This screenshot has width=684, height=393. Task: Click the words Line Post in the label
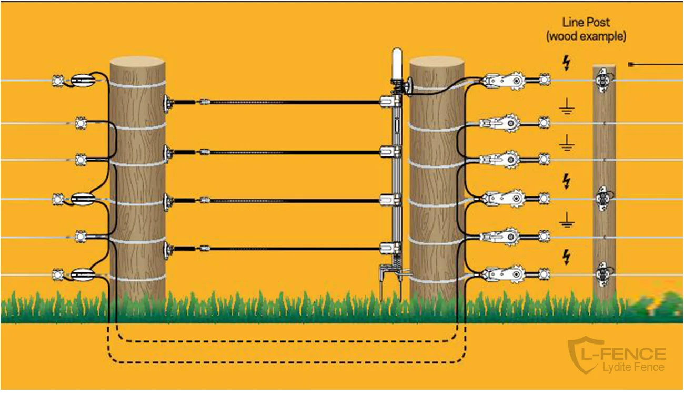coord(586,22)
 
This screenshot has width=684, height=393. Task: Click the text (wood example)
coord(586,36)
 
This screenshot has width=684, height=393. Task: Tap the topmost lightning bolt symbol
coord(566,63)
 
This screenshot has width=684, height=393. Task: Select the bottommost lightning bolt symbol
coord(566,257)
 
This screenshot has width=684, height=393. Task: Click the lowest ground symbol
coord(566,221)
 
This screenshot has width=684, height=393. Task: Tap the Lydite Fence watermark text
coord(633,367)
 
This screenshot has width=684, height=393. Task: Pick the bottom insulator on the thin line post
coord(603,274)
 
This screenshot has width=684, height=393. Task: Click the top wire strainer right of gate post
coord(504,81)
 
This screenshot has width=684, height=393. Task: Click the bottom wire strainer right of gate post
coord(504,274)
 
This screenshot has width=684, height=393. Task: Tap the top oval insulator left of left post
coord(83,81)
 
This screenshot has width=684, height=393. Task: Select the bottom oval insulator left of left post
coord(83,274)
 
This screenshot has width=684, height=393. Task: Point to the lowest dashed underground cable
coord(284,362)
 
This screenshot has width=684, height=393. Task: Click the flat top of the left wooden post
coord(137,62)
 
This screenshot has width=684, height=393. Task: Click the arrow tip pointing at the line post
coord(631,64)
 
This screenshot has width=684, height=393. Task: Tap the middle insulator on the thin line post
coord(603,198)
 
